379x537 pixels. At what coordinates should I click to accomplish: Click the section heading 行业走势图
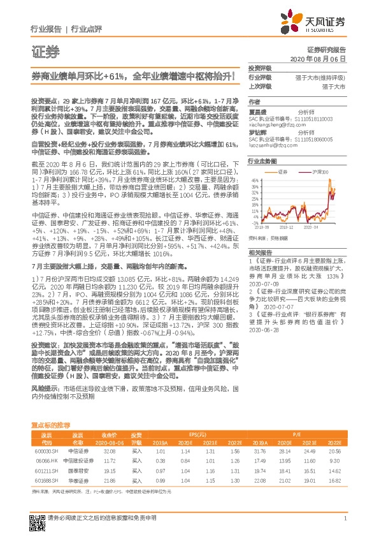pos(262,162)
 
